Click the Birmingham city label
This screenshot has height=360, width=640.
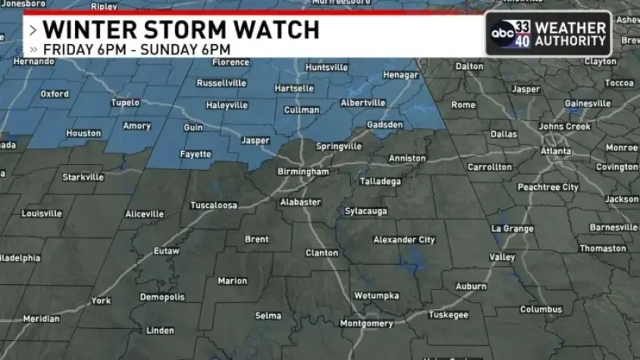pos(303,172)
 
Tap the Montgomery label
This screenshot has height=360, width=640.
pos(366,323)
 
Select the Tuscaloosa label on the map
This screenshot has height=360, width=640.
pos(214,205)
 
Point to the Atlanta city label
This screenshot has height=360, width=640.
pos(555,152)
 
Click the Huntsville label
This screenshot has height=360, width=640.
pos(326,67)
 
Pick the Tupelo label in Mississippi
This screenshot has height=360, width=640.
pos(125,102)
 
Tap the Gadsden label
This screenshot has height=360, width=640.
pos(385,124)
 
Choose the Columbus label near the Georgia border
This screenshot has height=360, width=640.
pos(541,309)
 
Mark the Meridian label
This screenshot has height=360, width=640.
pos(41,319)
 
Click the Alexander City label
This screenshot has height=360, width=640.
pos(404,240)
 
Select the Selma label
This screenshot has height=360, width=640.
pos(268,316)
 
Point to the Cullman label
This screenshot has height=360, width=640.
pos(302,110)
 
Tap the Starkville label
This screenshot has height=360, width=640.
pos(83,177)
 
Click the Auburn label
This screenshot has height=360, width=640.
pos(471,286)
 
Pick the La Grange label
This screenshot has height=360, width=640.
pos(511,228)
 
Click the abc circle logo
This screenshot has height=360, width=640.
pos(502,33)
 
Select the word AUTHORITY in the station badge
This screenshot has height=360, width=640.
pos(571,40)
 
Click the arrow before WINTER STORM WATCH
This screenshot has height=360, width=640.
pos(33,30)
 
